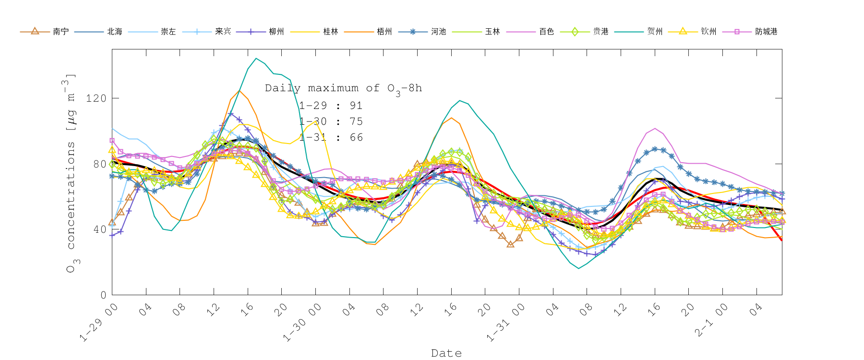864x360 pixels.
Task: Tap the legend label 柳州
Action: [276, 32]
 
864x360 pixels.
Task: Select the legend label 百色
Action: [546, 32]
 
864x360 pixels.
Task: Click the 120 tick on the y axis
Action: [96, 98]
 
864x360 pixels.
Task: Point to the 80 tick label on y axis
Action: [99, 164]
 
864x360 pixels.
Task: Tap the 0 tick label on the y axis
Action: [103, 295]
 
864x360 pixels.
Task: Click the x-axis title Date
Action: [446, 353]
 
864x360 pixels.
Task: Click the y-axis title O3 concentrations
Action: [71, 173]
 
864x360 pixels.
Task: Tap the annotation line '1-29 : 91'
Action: [331, 106]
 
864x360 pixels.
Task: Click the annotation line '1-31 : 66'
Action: [331, 137]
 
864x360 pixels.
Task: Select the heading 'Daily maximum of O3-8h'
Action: [343, 88]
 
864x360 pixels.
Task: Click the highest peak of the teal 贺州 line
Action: [256, 59]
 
